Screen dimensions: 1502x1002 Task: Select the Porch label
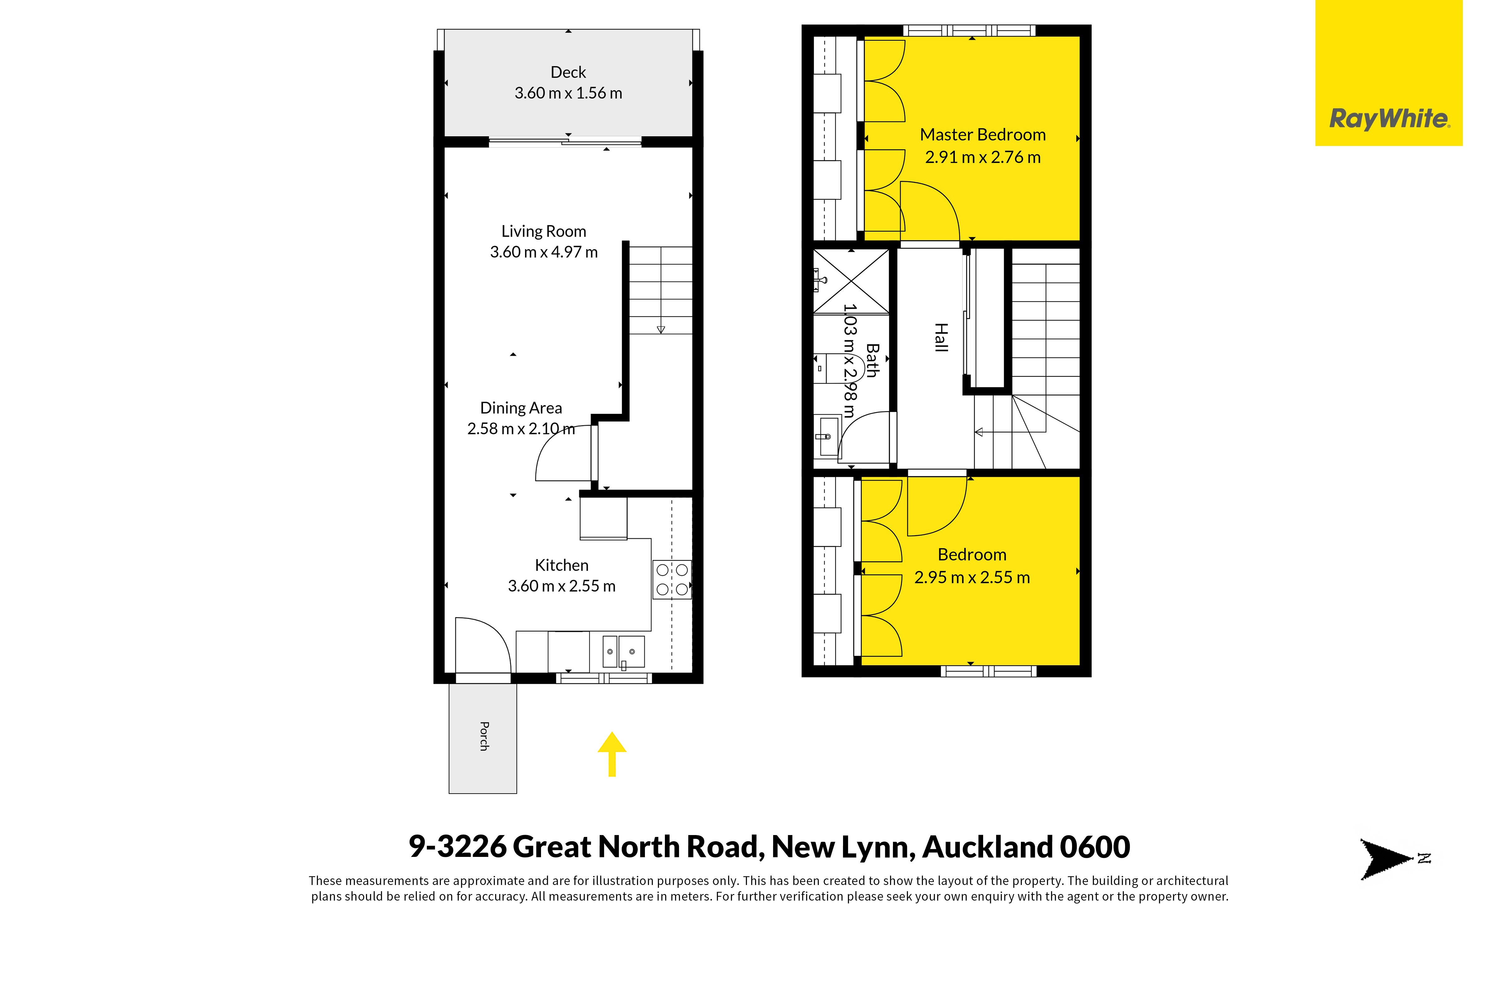tap(484, 736)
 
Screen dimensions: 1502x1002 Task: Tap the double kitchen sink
tap(623, 652)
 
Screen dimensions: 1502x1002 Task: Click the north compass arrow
tap(1387, 859)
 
